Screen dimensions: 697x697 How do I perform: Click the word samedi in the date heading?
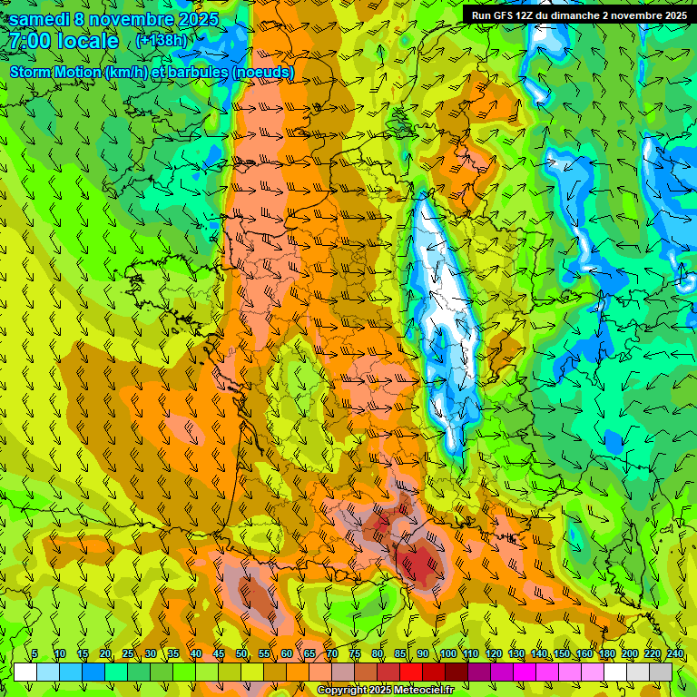coord(40,19)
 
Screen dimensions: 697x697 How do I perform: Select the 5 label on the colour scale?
coord(34,654)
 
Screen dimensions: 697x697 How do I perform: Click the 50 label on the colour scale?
coord(241,654)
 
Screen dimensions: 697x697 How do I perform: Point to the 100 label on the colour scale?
coord(447,654)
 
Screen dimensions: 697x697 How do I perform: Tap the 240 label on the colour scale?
coord(675,654)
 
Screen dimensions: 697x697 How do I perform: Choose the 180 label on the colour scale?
coord(606,654)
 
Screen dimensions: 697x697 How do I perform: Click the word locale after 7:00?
coord(87,42)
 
